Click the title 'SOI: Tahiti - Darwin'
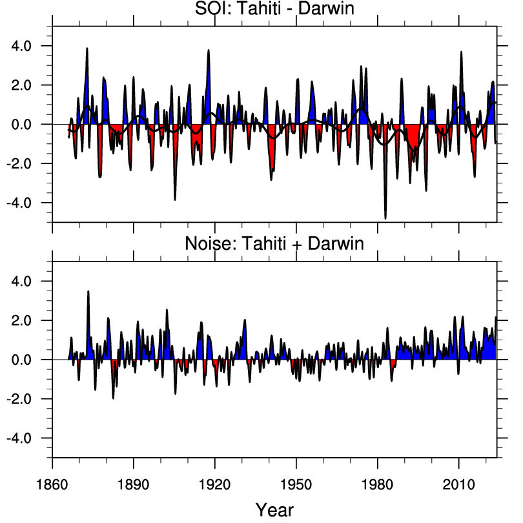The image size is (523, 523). click(274, 10)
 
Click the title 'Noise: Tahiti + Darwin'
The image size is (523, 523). click(274, 244)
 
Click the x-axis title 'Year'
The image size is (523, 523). click(274, 509)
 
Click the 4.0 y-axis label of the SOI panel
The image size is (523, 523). click(31, 46)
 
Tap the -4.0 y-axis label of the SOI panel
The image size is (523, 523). click(28, 203)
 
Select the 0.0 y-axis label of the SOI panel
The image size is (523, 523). click(31, 124)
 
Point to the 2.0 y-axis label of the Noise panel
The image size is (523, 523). click(31, 321)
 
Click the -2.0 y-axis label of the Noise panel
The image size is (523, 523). click(28, 399)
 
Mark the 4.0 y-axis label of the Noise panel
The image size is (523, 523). click(31, 282)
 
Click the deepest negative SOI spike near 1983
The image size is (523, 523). click(385, 218)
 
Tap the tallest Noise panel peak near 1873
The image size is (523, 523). click(88, 292)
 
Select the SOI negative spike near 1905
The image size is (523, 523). click(175, 198)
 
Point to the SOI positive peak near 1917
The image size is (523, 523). click(209, 51)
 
